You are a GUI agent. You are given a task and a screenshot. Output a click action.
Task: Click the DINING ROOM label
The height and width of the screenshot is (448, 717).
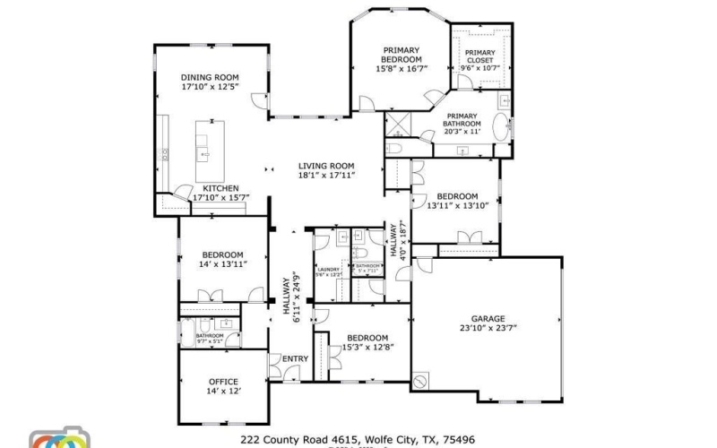pyautogui.click(x=211, y=77)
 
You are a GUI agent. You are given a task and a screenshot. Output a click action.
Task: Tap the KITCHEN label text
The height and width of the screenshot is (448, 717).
pyautogui.click(x=220, y=188)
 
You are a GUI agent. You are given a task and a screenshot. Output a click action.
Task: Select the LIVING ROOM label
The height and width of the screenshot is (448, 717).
pyautogui.click(x=326, y=165)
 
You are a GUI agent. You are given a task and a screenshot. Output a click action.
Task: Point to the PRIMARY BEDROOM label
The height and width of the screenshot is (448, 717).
pyautogui.click(x=402, y=54)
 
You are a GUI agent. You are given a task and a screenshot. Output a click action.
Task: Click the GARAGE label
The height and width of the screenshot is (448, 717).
pyautogui.click(x=488, y=318)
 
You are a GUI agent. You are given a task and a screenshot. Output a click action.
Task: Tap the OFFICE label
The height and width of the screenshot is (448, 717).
pyautogui.click(x=223, y=382)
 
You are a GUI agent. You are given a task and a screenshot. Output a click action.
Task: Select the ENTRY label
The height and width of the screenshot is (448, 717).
pyautogui.click(x=295, y=359)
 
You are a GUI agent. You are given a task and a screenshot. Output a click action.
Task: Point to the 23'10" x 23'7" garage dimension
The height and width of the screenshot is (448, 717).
pyautogui.click(x=488, y=328)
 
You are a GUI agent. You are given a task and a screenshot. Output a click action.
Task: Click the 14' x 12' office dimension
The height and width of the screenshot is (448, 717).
pyautogui.click(x=223, y=392)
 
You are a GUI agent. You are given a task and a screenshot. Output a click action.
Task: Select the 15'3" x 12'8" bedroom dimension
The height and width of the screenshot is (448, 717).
pyautogui.click(x=368, y=347)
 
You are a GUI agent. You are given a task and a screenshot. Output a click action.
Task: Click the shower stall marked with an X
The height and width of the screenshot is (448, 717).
pyautogui.click(x=395, y=123)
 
